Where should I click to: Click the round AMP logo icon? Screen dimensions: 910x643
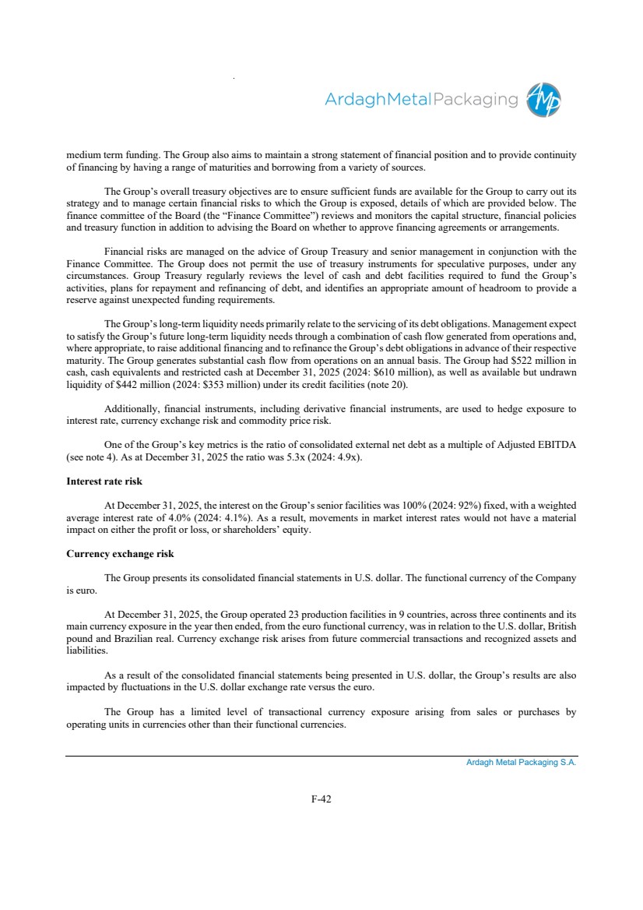[543, 101]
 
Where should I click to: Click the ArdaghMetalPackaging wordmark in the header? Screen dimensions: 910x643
[420, 100]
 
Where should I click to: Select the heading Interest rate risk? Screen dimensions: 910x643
[104, 481]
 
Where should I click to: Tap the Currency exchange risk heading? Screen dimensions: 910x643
[120, 553]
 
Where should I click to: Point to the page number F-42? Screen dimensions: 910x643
[321, 799]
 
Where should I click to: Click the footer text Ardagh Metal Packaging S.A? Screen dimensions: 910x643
[521, 763]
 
